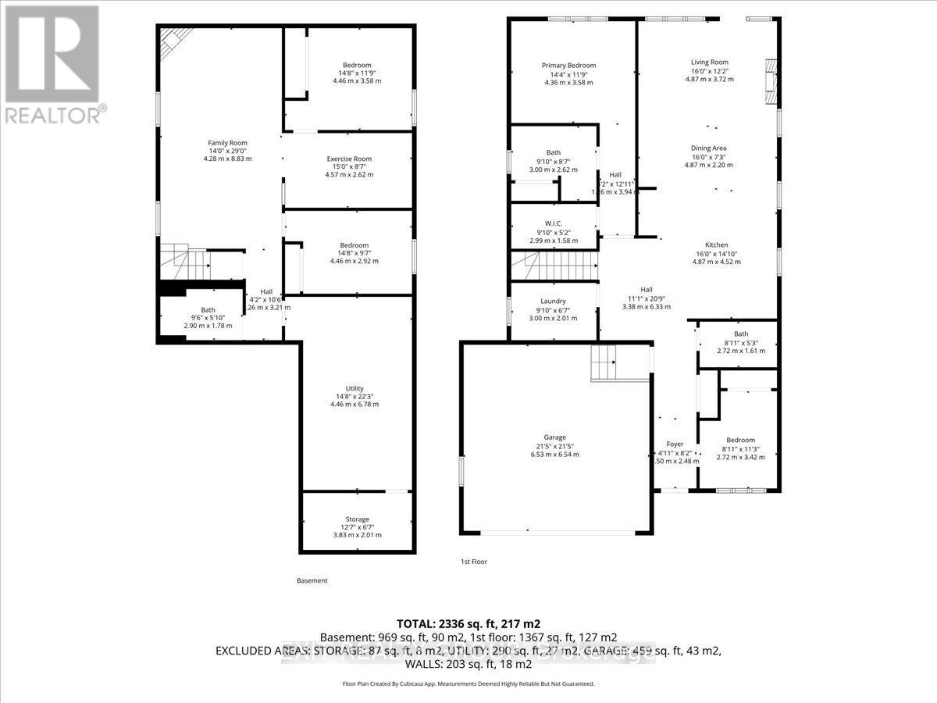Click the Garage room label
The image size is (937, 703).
coord(555,437)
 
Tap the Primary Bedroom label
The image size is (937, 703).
coord(568,66)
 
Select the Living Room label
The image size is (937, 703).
coord(709,62)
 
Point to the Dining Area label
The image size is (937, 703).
coord(709,148)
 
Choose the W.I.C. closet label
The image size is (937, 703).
coord(553,223)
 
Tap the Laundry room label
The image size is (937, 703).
coord(553,301)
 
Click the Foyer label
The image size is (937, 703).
coord(675,444)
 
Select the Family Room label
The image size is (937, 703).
coord(227,143)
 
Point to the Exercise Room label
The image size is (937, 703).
coord(349,159)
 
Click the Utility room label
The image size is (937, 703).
coord(355,387)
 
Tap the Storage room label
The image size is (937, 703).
coord(358,519)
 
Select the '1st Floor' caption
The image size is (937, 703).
coord(473,562)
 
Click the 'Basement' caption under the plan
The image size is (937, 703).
coord(312,581)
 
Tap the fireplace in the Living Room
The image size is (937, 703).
coord(771,83)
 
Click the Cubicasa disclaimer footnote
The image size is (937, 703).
coord(468,683)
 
